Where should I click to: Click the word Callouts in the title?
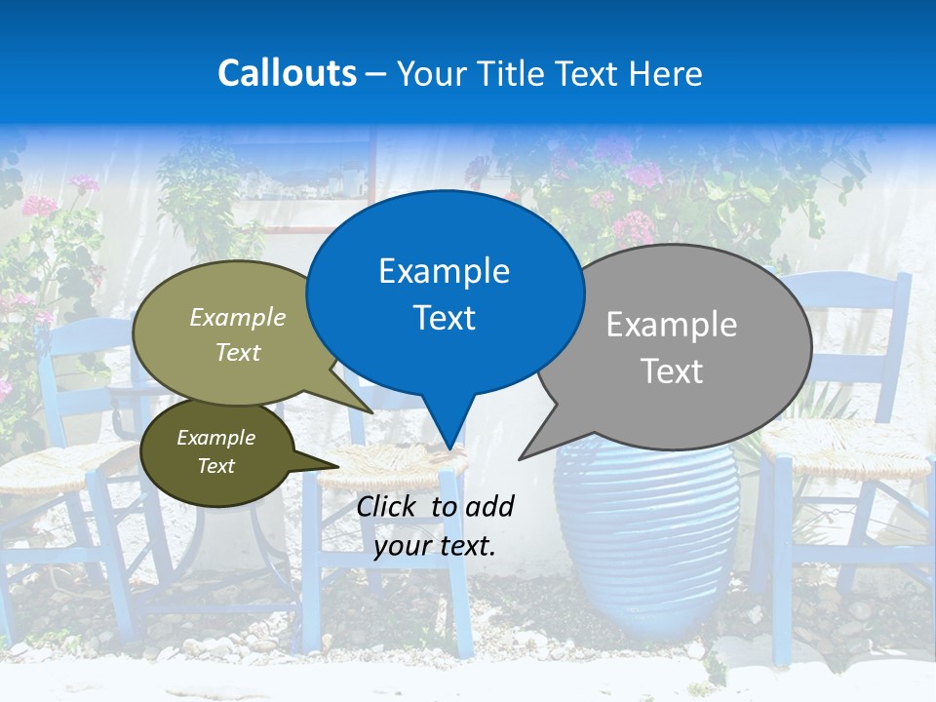pos(287,73)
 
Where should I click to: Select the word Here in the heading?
pos(666,73)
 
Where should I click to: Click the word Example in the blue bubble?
pos(444,271)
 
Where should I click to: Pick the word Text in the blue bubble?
pos(444,318)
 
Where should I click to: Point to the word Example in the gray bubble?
pos(671,325)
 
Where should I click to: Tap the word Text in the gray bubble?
pos(671,371)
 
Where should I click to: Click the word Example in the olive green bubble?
pos(237,318)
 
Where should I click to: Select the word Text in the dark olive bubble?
pos(215,466)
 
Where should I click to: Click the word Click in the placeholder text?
pos(389,506)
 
